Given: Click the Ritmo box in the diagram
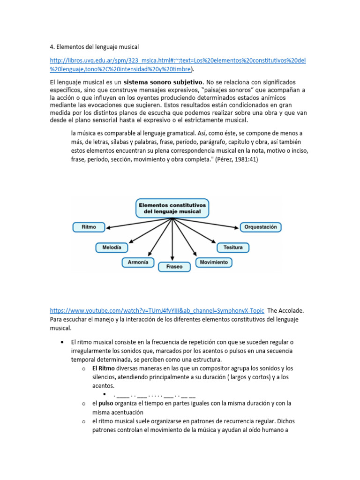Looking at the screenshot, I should [89, 227].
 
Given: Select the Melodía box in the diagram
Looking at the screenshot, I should [112, 247].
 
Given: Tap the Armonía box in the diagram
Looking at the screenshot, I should [138, 262].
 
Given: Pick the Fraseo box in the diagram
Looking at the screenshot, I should [174, 267].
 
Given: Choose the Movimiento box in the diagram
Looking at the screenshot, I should [213, 262].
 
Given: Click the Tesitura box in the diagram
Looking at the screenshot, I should [233, 247].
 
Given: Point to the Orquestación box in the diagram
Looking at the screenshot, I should [261, 227].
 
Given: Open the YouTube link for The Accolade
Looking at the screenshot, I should [157, 311].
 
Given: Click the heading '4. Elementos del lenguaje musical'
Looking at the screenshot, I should [94, 47].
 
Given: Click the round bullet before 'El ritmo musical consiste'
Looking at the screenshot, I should [62, 342].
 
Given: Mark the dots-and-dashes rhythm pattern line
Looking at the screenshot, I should [154, 395].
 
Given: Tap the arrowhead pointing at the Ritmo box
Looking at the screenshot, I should [108, 228].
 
